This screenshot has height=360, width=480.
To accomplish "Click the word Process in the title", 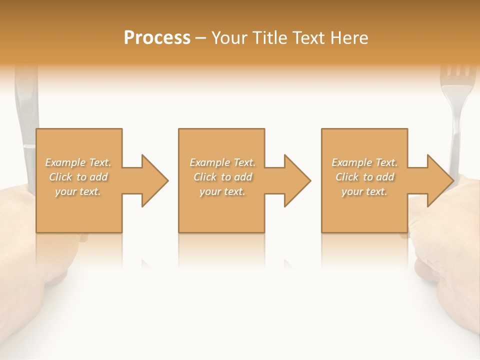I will [157, 37].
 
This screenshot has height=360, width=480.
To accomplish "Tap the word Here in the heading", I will [349, 37].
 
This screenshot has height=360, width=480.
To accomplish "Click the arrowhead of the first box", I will [155, 180].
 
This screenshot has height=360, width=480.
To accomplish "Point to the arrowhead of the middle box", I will [297, 180].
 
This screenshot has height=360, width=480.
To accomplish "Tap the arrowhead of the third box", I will [440, 180].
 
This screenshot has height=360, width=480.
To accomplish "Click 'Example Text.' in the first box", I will [78, 162].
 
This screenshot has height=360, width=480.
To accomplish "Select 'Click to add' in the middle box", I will [222, 176].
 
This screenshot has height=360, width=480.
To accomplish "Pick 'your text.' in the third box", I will [364, 191].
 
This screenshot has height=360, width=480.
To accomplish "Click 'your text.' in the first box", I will [78, 191].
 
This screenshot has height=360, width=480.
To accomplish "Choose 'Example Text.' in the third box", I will [364, 162].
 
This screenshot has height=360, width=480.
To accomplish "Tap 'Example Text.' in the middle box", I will [222, 162].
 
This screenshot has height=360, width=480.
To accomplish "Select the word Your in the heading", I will [229, 37].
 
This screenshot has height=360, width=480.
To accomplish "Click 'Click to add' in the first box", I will [78, 176].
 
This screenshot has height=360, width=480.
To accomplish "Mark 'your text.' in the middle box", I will [222, 191].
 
